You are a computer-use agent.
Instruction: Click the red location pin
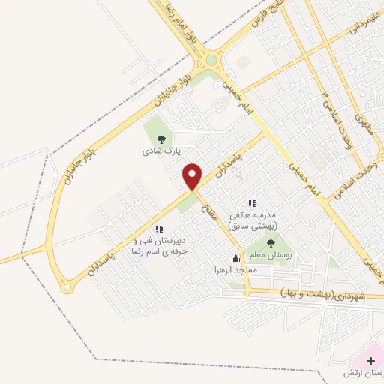coord(193,175)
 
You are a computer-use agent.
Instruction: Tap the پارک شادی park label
coord(157,151)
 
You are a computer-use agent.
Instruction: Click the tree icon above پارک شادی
coord(160,139)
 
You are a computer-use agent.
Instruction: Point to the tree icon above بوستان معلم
coord(270,242)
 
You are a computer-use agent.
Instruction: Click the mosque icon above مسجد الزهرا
coord(236,259)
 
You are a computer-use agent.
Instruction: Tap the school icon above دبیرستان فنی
coord(157,228)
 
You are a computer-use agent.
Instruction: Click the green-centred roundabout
coord(211,61)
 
